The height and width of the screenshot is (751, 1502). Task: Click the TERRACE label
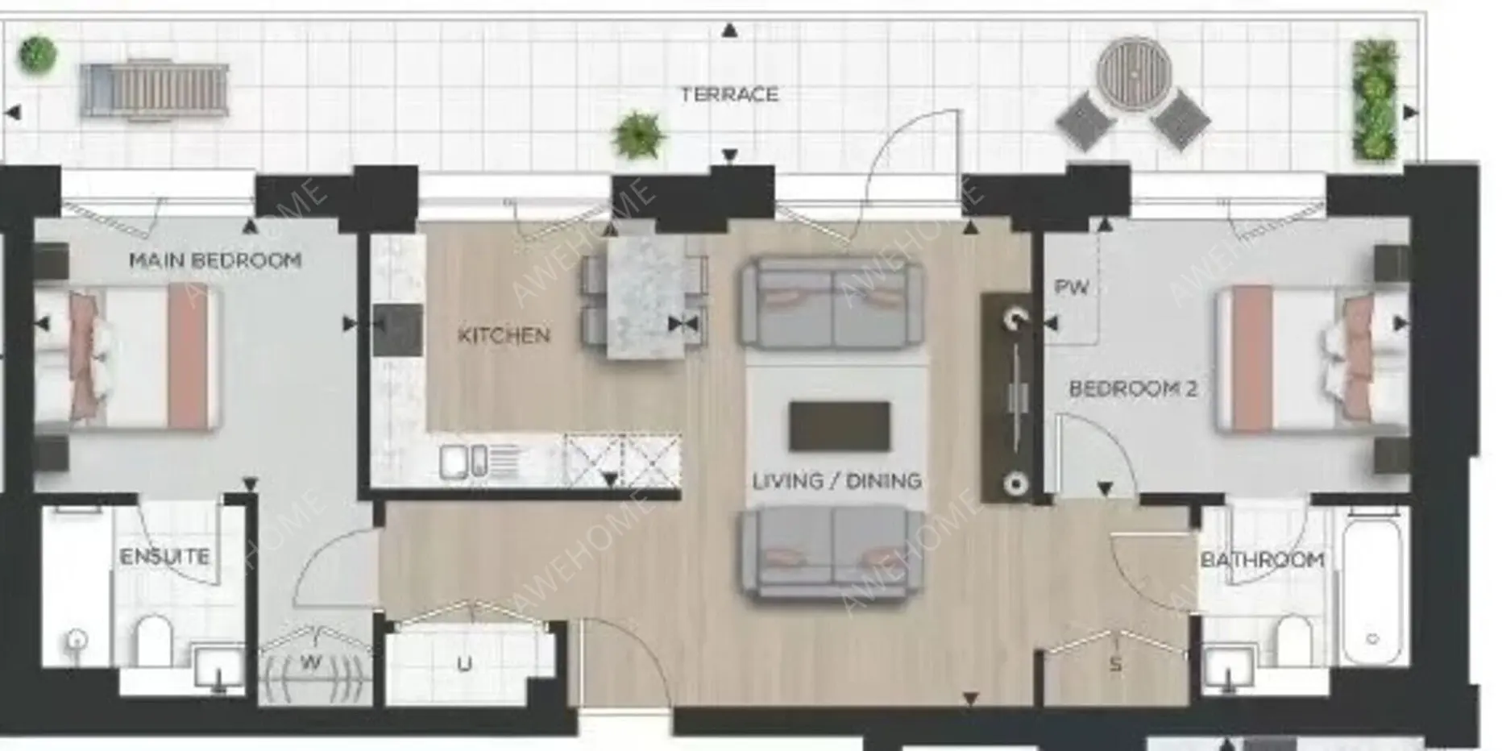click(729, 94)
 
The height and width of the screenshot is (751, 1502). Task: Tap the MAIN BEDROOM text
click(215, 260)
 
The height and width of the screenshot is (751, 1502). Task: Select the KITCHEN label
click(504, 335)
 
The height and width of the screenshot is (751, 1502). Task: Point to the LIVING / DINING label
click(836, 481)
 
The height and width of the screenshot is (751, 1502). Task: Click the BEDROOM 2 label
click(1133, 388)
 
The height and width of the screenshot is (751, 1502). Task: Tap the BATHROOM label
click(1262, 559)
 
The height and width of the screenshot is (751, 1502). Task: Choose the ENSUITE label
click(164, 556)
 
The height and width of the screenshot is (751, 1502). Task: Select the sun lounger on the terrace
click(154, 89)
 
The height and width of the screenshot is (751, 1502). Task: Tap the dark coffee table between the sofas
click(840, 426)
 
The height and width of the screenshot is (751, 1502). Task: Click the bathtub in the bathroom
click(1373, 587)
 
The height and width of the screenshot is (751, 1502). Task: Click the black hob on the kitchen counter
click(397, 330)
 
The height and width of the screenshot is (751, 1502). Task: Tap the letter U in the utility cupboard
click(465, 664)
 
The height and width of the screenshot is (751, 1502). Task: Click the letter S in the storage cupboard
click(1115, 664)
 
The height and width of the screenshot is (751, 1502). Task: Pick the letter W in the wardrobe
click(311, 663)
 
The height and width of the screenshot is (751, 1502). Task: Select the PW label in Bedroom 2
click(1072, 287)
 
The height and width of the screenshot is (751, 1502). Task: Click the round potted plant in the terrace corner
click(38, 54)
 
